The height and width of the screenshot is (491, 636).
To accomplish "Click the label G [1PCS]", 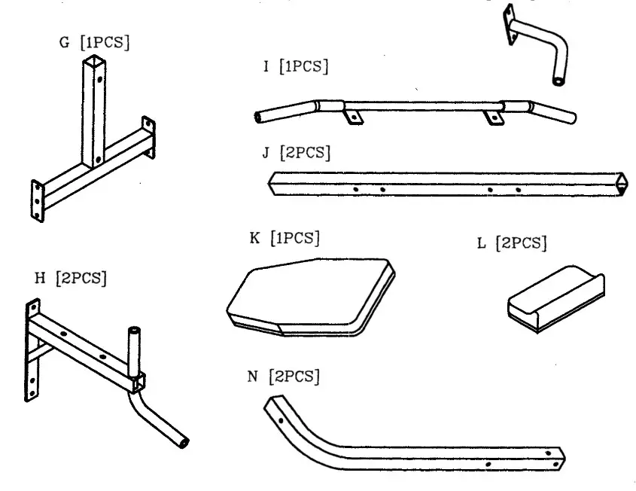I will tap(94, 42).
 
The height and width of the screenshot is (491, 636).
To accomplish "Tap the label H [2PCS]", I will tap(72, 278).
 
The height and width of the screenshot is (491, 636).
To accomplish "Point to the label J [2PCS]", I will tap(296, 153).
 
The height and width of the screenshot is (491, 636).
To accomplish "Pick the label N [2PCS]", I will tap(284, 375).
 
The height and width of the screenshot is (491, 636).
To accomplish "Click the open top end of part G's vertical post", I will tap(89, 66).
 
